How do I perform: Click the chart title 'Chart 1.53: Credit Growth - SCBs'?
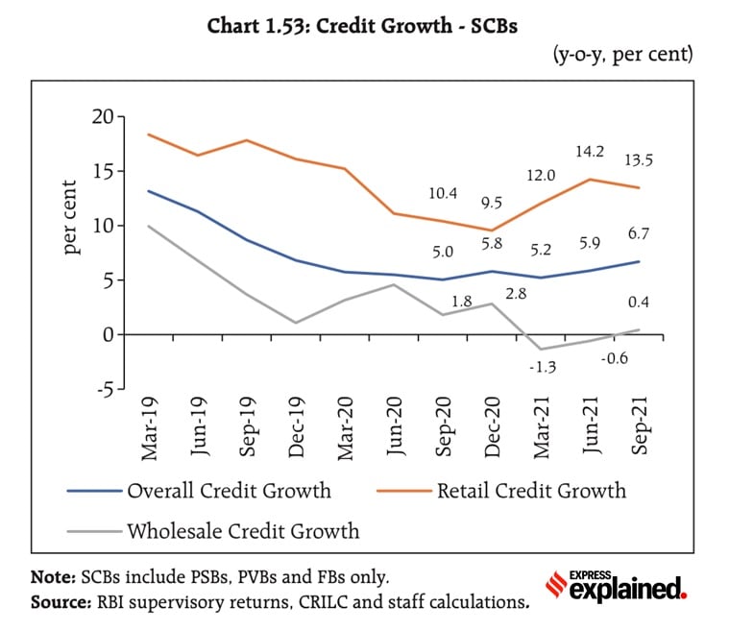pyautogui.click(x=362, y=27)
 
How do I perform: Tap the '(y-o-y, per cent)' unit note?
pyautogui.click(x=622, y=55)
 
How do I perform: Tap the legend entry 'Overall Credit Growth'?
pyautogui.click(x=229, y=491)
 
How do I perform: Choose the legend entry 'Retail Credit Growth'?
pyautogui.click(x=530, y=491)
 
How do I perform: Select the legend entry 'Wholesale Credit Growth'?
pyautogui.click(x=242, y=530)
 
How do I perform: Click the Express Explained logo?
pyautogui.click(x=616, y=586)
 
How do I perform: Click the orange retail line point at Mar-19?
pyautogui.click(x=149, y=134)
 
